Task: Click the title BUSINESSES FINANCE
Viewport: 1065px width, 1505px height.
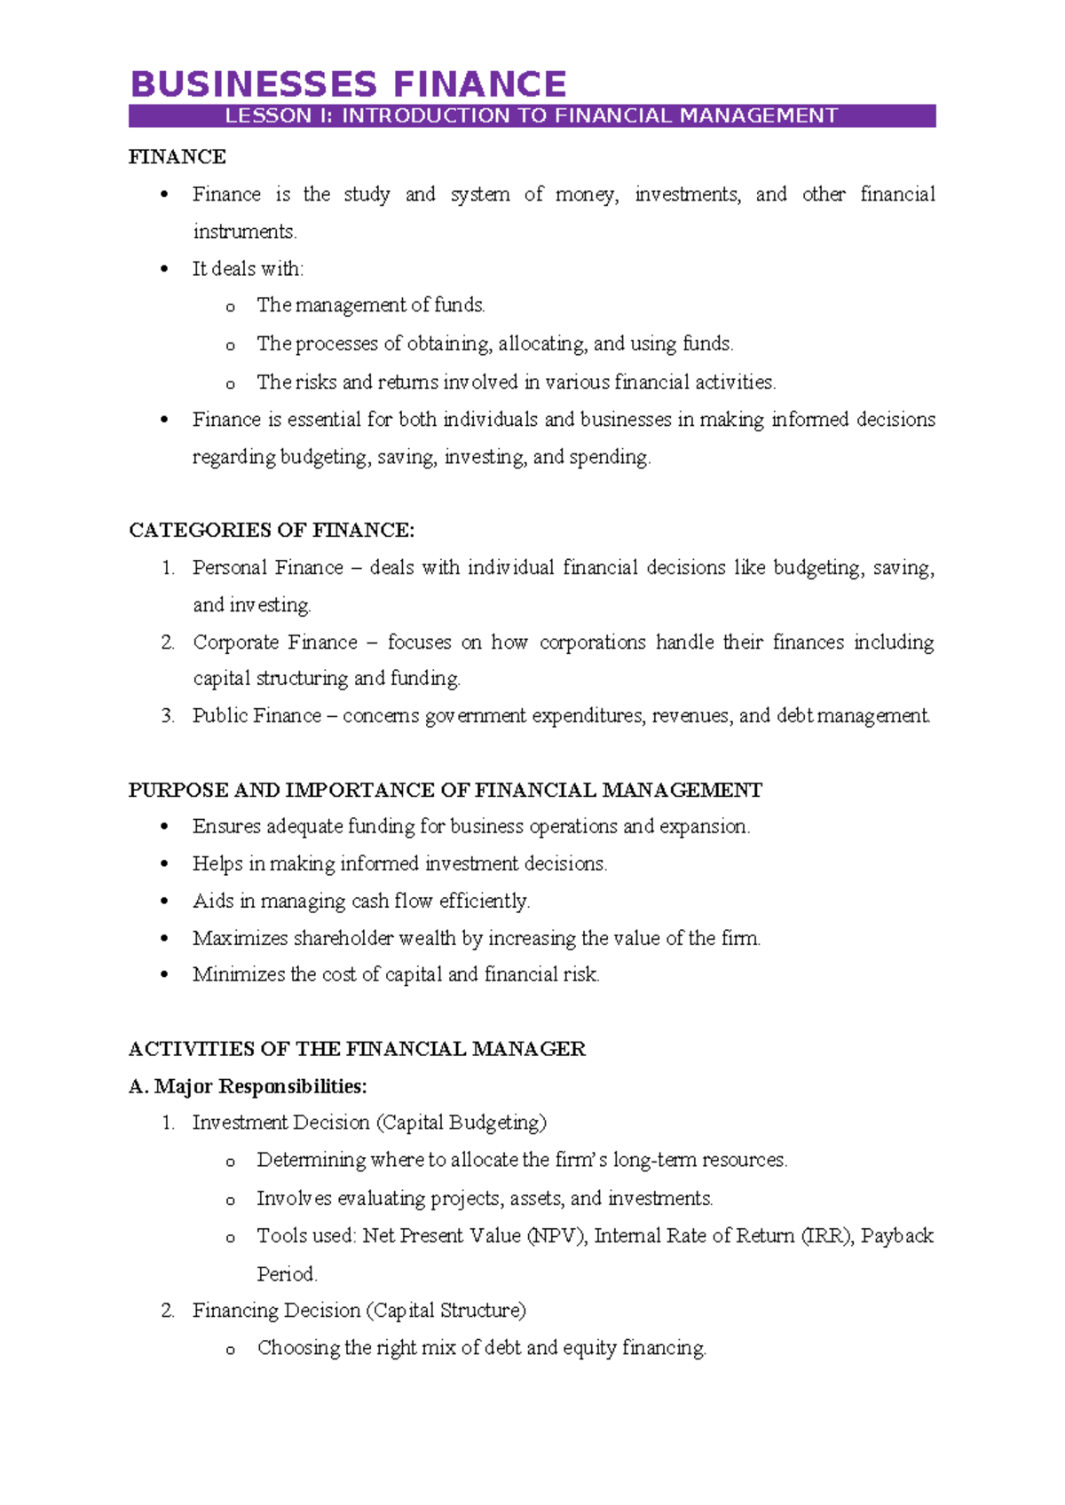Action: click(x=348, y=84)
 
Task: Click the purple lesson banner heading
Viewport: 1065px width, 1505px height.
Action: click(x=532, y=116)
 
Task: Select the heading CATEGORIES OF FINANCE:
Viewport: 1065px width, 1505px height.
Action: click(x=272, y=531)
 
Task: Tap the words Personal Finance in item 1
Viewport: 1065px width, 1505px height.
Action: click(x=268, y=568)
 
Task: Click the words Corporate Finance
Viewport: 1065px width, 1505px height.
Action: click(x=275, y=642)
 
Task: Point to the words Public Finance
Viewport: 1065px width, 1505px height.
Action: click(x=256, y=716)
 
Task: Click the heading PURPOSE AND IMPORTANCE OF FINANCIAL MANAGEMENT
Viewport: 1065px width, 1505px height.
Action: click(x=446, y=791)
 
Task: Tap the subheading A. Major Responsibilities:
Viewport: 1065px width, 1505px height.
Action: click(x=248, y=1087)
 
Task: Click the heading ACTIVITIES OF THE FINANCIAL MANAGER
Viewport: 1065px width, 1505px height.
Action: click(x=357, y=1050)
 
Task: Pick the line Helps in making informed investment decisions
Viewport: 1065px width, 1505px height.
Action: click(x=399, y=864)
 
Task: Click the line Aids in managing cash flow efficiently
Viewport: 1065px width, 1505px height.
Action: click(x=360, y=902)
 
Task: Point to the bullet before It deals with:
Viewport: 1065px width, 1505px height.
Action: click(x=163, y=270)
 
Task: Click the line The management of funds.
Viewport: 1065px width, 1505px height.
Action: click(x=371, y=306)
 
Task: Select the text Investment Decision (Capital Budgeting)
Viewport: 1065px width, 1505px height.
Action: click(x=369, y=1123)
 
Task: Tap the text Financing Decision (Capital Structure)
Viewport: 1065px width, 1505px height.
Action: click(x=359, y=1311)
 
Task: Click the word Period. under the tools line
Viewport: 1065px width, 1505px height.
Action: click(x=287, y=1274)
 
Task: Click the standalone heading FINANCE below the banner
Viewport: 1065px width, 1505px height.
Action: click(x=177, y=157)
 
